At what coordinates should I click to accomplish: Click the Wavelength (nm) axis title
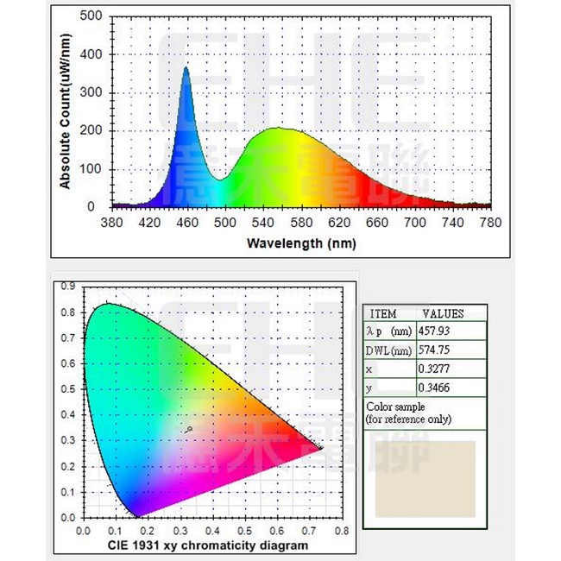(x=300, y=243)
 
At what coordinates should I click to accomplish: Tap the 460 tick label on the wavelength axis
(x=186, y=221)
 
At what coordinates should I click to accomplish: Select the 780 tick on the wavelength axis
(x=490, y=221)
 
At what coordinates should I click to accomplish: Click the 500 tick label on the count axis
(x=92, y=16)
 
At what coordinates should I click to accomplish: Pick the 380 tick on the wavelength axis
(x=111, y=221)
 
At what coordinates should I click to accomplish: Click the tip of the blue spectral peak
(x=186, y=67)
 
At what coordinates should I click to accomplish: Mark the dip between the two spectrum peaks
(x=222, y=180)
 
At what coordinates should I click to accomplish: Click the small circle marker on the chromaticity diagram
(x=189, y=428)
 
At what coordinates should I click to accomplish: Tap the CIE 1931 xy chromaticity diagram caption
(x=207, y=545)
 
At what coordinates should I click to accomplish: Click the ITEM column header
(x=383, y=314)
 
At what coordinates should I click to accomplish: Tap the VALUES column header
(x=443, y=314)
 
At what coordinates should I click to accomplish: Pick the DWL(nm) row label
(x=388, y=350)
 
